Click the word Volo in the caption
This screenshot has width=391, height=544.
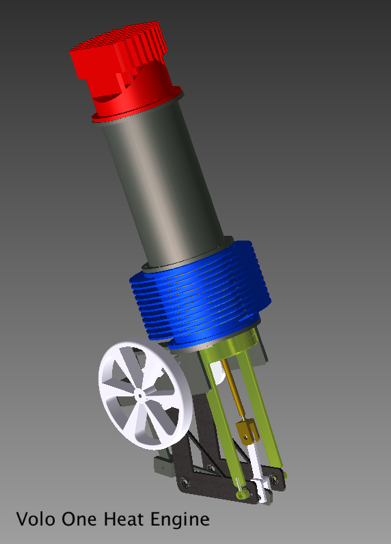36,519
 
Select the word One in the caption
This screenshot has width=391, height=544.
81,519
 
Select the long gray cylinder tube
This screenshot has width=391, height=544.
164,185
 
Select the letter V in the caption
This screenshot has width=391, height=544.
22,519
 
